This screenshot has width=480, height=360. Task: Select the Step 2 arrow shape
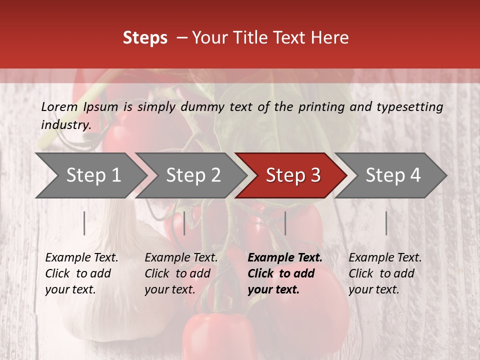(x=193, y=175)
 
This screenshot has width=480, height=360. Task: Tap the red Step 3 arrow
(x=293, y=175)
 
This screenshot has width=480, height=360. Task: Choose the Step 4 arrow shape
(x=393, y=175)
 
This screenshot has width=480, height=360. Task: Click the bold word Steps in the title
(x=145, y=37)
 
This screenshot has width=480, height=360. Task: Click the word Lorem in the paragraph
(x=59, y=106)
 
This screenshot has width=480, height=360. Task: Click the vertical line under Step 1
(x=84, y=223)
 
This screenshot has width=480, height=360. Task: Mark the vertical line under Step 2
(x=184, y=223)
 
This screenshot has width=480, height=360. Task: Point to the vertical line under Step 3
(x=285, y=223)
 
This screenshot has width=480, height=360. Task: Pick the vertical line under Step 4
(x=386, y=223)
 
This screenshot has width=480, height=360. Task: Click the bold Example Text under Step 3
(x=285, y=257)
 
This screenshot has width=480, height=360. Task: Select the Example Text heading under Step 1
(x=81, y=257)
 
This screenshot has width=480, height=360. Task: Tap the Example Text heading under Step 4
(x=385, y=257)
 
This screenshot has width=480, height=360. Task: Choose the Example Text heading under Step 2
(x=181, y=257)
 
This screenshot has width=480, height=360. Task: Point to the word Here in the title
(x=329, y=37)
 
